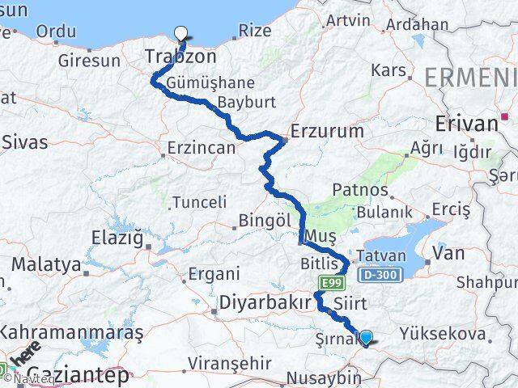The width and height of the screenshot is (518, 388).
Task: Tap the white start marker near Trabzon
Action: pos(181,33)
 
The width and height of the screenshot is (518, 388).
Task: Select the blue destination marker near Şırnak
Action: pos(367,338)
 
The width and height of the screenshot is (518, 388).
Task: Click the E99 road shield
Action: pos(328,282)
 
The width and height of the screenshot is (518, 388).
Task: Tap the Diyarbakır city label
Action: pos(265,303)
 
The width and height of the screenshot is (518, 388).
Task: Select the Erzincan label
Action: pos(202,149)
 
